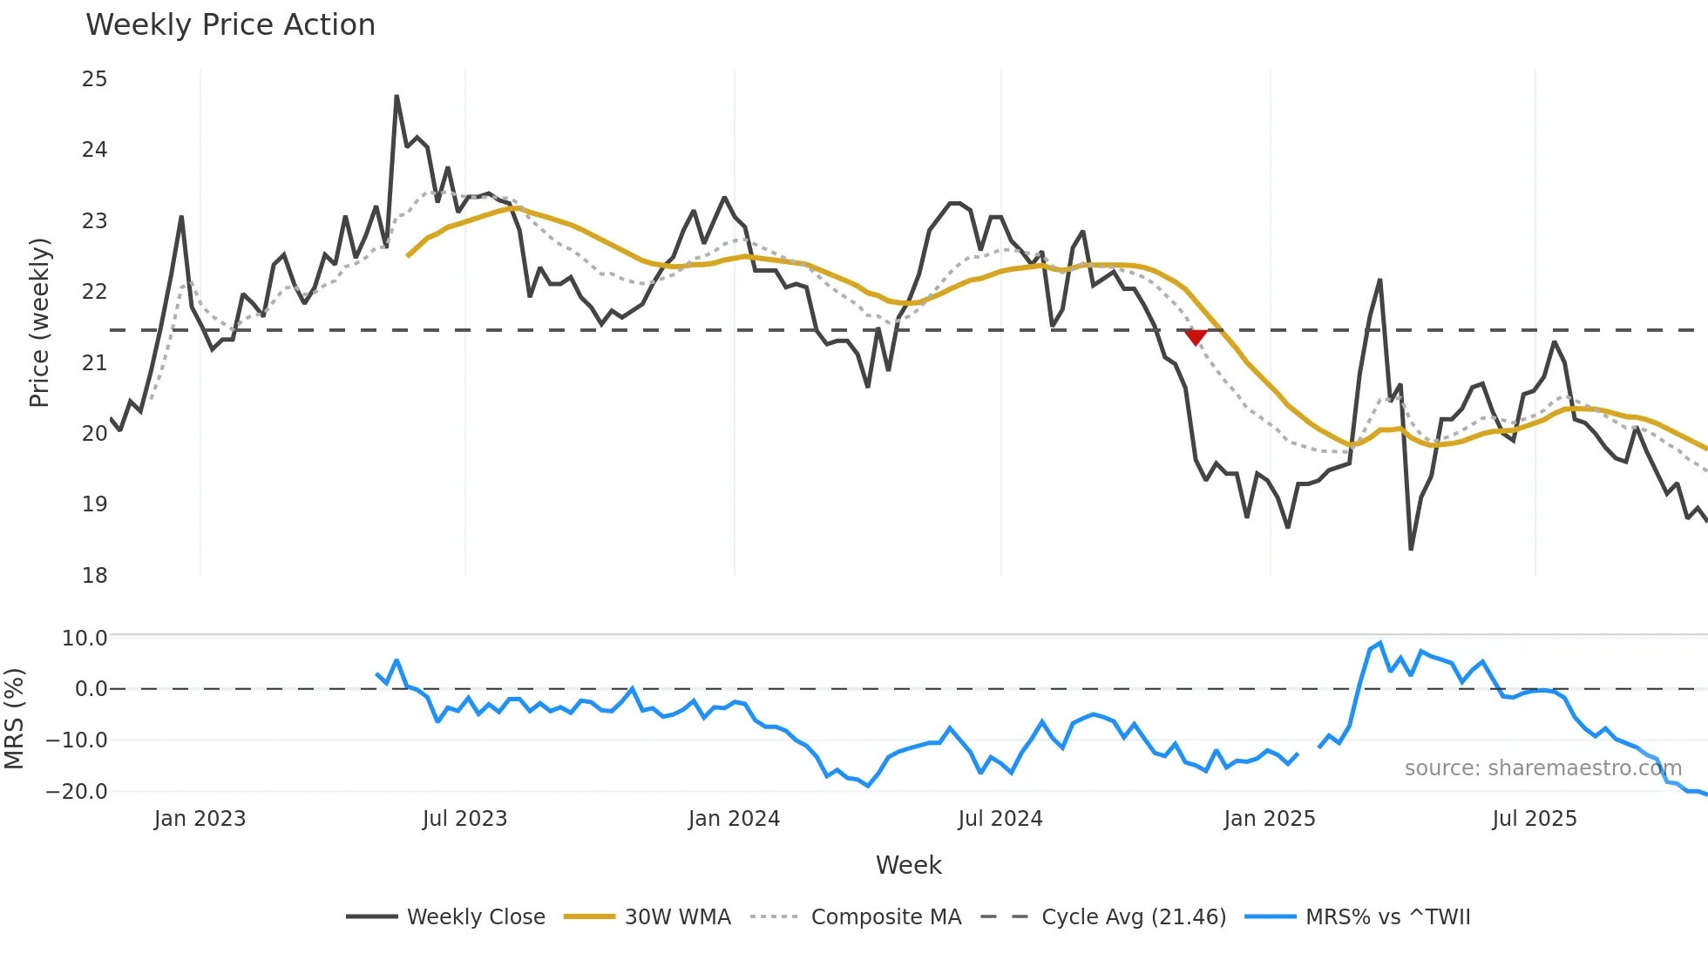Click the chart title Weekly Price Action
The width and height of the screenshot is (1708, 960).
tap(230, 25)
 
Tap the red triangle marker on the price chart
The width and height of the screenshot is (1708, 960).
tap(1196, 337)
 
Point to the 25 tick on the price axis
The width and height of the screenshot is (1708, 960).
tap(94, 79)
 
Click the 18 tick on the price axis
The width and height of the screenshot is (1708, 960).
tap(94, 575)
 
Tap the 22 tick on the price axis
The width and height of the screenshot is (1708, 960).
tap(94, 292)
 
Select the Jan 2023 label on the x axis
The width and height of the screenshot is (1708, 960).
tap(200, 819)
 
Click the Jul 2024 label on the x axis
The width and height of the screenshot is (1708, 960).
tap(1000, 819)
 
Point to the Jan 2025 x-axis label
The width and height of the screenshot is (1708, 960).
tap(1269, 819)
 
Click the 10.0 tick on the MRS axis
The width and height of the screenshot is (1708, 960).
tap(85, 639)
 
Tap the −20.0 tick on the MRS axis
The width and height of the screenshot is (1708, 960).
tap(77, 792)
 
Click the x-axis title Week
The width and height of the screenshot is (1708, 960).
tap(908, 865)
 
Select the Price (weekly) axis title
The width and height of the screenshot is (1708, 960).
tap(39, 322)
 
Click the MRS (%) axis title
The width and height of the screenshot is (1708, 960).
tap(14, 719)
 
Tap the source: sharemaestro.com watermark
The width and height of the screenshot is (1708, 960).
tap(1542, 768)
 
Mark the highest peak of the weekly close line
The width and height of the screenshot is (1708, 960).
tap(396, 96)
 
